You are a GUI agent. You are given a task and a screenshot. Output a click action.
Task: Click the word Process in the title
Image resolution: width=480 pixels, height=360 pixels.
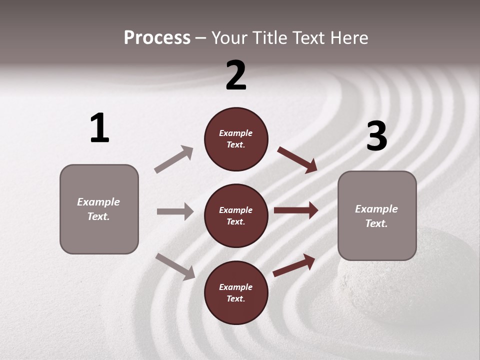coord(157,38)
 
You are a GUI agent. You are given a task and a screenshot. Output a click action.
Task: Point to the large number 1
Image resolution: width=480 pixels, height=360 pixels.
coord(99,128)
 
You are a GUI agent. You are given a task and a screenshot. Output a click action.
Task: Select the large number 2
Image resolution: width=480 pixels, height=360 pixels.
coord(236,75)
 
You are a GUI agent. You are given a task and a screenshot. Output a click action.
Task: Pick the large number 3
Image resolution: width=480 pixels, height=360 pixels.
coord(376,136)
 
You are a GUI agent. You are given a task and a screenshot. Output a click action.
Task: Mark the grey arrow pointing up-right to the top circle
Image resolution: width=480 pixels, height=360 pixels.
coord(174,159)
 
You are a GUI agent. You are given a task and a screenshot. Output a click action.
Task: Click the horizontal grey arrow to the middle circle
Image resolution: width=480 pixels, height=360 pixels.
coord(175,211)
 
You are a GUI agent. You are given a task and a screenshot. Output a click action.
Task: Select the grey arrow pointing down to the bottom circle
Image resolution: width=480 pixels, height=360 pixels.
coord(175,266)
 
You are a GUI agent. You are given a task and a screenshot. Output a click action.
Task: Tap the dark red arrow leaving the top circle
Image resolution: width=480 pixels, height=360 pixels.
coord(297,160)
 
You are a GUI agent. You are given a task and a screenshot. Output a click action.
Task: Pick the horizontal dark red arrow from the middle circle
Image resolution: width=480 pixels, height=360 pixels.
coord(296,210)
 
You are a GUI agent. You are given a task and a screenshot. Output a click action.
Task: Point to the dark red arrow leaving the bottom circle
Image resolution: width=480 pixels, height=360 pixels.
coord(294,265)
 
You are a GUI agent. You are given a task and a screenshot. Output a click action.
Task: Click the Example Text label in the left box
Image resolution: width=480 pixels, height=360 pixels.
coord(98,209)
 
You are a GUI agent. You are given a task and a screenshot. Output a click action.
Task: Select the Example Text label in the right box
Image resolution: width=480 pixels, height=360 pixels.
coord(376,216)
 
